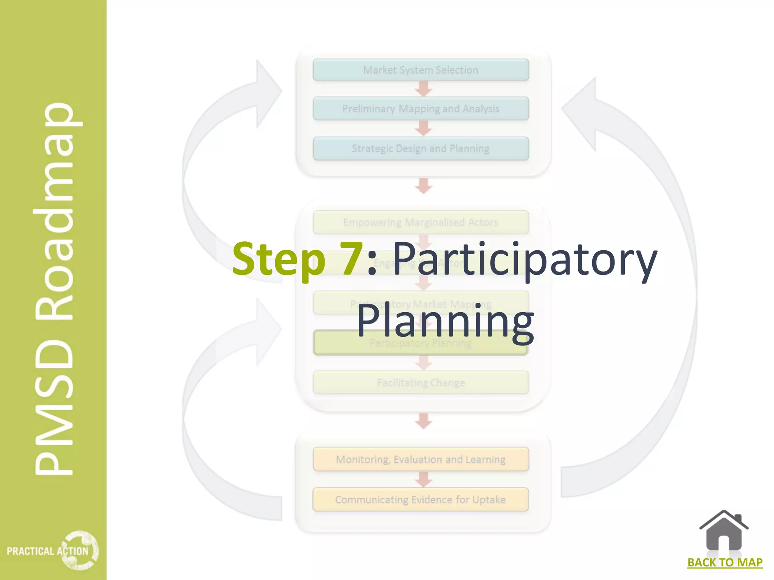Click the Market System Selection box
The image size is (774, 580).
[x=421, y=70]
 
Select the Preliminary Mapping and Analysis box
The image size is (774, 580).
[x=421, y=109]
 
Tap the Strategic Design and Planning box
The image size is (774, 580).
[x=421, y=148]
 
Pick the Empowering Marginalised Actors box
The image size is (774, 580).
[x=421, y=222]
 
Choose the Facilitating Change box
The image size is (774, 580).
[x=421, y=383]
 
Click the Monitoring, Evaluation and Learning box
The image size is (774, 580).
[x=421, y=459]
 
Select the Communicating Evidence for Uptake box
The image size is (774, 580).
[x=421, y=500]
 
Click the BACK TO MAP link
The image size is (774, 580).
[x=724, y=563]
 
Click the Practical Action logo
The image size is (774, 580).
[x=53, y=551]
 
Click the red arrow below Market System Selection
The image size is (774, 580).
[x=424, y=89]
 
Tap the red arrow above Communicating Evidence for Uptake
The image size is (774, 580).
[x=424, y=480]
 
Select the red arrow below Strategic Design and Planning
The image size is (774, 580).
[x=424, y=186]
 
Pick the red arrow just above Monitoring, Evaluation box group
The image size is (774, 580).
[x=424, y=421]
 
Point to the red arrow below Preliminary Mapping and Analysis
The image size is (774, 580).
[x=424, y=128]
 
